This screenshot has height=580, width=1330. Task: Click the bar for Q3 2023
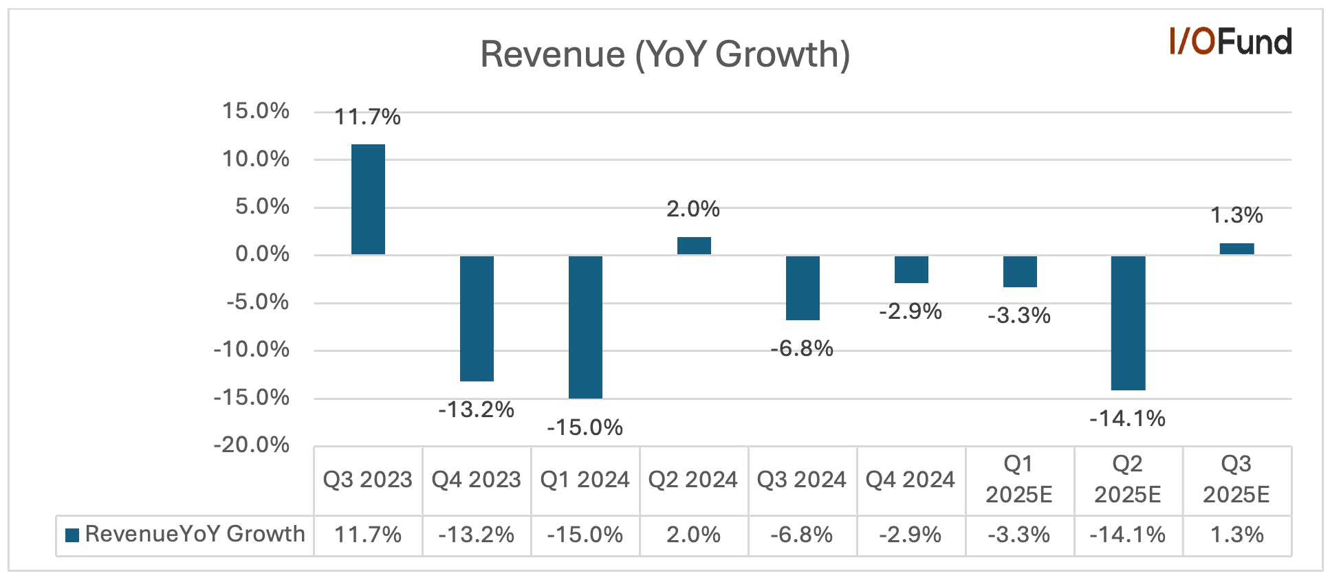coord(368,199)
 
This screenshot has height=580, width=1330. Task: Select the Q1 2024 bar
coord(585,327)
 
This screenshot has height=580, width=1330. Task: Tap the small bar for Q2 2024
coord(694,246)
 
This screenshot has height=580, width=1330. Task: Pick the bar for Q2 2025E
coord(1128,323)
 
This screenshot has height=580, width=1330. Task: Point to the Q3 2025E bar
coord(1236,249)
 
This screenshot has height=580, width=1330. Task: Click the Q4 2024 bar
coord(911,269)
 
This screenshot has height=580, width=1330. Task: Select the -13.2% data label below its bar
coord(476,410)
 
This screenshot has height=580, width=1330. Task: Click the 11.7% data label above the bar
coord(367,117)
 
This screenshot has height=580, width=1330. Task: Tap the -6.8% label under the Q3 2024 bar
coord(802,348)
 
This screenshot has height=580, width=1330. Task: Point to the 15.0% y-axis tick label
coord(255,111)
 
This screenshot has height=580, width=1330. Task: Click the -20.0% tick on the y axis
coord(251,445)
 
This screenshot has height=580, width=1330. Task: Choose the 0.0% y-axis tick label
coord(262,254)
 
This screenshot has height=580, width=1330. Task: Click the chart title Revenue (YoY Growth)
coord(665,54)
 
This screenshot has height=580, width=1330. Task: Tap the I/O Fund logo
coord(1230,41)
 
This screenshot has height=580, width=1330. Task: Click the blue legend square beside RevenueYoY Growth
coord(72,535)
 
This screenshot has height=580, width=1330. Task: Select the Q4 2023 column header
coord(476,479)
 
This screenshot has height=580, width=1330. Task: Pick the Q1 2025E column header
coord(1019,479)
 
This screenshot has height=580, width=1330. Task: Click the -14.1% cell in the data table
coord(1128,535)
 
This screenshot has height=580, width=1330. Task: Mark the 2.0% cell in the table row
coord(693,535)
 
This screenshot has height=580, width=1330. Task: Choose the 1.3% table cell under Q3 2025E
coord(1236,535)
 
